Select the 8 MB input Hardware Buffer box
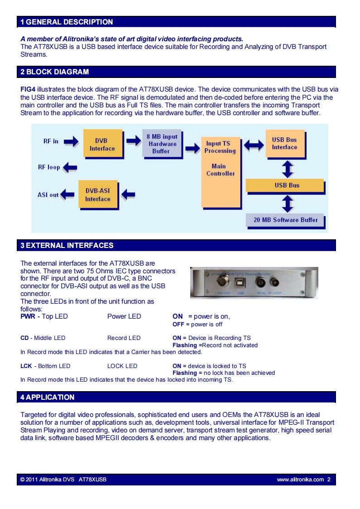(x=162, y=144)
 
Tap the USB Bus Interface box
(x=285, y=144)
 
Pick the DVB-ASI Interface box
(x=98, y=195)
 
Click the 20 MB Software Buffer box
(x=285, y=220)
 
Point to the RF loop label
(x=49, y=168)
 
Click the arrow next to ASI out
(x=67, y=194)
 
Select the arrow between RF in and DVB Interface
(x=71, y=141)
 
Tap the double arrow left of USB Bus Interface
(x=254, y=145)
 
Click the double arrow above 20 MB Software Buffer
(x=288, y=204)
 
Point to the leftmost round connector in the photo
(x=223, y=281)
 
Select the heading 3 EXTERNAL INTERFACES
(x=67, y=245)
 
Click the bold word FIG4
(x=28, y=89)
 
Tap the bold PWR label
(x=28, y=316)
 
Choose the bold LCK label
(x=26, y=366)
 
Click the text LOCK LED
(x=122, y=366)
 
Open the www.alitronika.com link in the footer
(x=300, y=480)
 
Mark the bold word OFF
(x=178, y=324)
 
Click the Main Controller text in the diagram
(x=220, y=170)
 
